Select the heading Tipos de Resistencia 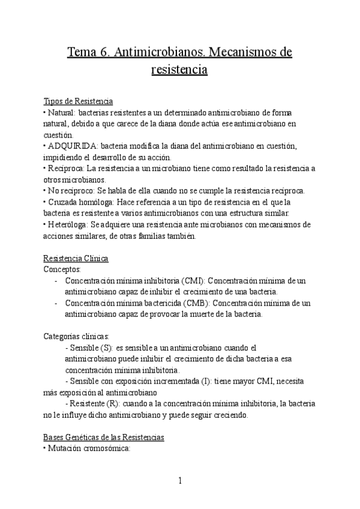pos(78,101)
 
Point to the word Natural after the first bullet pos(61,112)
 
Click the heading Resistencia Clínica pos(76,259)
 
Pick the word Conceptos pos(62,270)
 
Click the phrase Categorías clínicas pos(77,337)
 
